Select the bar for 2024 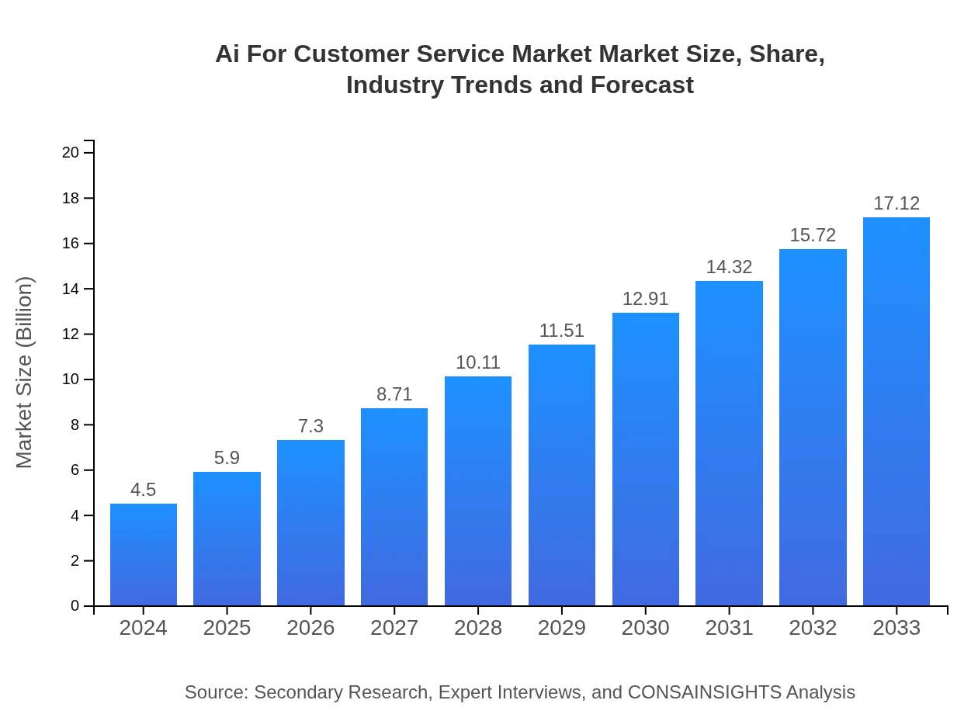[144, 555]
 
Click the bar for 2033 [896, 411]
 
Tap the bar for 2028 [478, 490]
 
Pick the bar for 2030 [646, 459]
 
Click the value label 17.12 [896, 203]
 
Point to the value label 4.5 [144, 490]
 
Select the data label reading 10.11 [478, 362]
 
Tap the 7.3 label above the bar [310, 426]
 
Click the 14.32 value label [729, 267]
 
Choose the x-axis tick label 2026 [310, 628]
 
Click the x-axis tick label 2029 [562, 628]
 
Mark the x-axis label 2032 [813, 628]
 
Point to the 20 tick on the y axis [71, 153]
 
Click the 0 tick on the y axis [75, 606]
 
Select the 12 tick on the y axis [71, 334]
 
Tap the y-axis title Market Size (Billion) [25, 373]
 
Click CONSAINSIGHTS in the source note [704, 692]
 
